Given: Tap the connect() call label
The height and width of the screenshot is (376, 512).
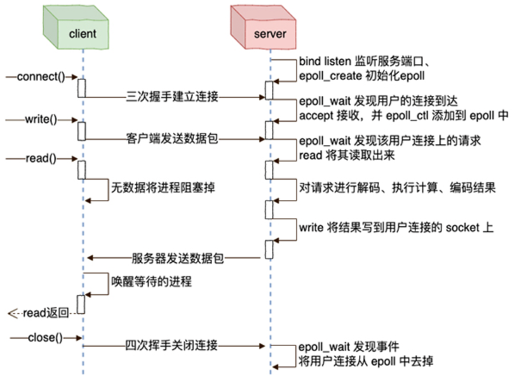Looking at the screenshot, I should coord(41,77).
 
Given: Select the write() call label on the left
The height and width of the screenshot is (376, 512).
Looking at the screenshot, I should coord(41,119).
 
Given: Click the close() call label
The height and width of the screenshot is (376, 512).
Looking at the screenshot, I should coord(45,337).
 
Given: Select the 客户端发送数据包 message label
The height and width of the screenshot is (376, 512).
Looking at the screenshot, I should coord(171,138).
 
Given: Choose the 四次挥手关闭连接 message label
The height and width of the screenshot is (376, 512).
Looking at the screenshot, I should coord(171,346).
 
